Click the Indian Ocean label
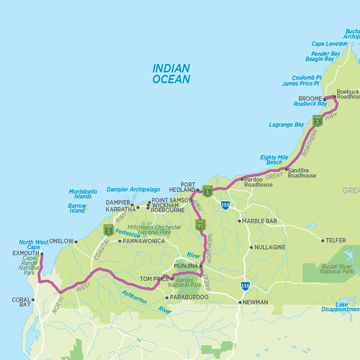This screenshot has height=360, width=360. click(171, 74)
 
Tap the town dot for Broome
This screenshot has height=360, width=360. click(324, 99)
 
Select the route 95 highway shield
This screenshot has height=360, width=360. click(201, 225)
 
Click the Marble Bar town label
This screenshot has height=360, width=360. click(259, 221)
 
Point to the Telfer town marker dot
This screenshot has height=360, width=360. click(323, 240)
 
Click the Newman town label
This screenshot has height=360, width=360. click(255, 302)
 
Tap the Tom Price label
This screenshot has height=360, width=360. click(154, 279)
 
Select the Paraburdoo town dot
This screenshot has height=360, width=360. click(167, 297)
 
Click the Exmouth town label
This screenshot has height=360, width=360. click(26, 253)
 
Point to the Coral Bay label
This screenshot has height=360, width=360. click(21, 302)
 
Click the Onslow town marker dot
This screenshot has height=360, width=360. click(76, 242)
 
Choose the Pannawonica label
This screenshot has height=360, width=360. click(144, 241)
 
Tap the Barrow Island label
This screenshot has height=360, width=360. click(77, 208)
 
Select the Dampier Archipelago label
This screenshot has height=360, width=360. click(133, 189)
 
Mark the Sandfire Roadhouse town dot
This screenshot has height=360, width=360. click(286, 170)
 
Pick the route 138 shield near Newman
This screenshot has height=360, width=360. click(245, 286)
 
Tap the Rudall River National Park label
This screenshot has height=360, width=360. click(337, 269)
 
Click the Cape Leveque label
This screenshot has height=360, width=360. click(330, 44)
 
